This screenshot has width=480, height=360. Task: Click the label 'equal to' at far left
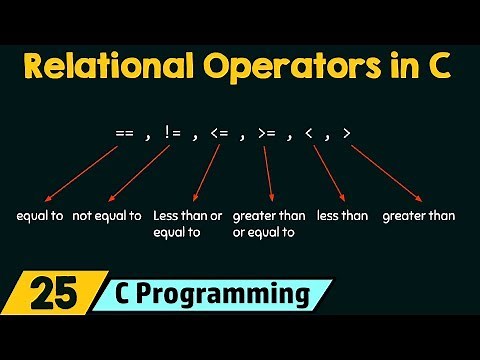pyautogui.click(x=40, y=215)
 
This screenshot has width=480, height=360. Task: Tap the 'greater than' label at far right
pyautogui.click(x=418, y=215)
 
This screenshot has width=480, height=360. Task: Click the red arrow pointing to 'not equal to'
pyautogui.click(x=135, y=175)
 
